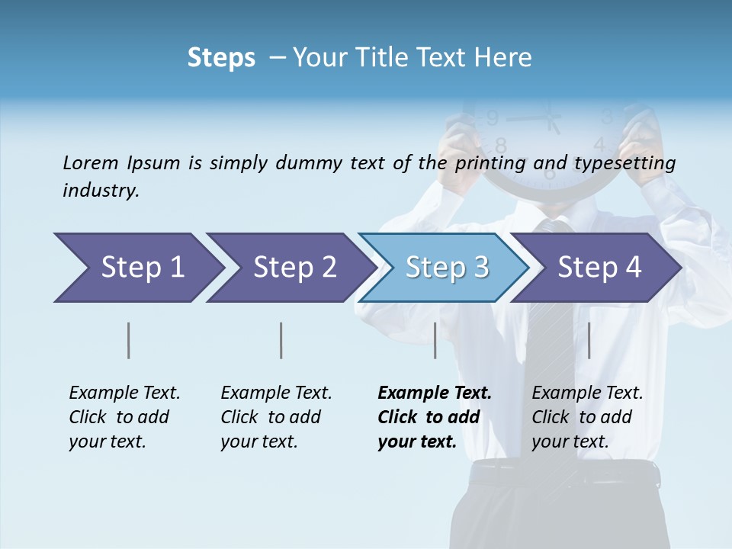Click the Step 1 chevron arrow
[137, 268]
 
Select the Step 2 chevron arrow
[291, 268]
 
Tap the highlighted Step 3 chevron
[444, 268]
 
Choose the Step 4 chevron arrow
[596, 268]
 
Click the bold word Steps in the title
[221, 57]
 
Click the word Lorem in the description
[90, 162]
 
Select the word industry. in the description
[101, 190]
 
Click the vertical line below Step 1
[129, 340]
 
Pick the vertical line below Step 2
[281, 340]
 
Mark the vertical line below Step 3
[435, 340]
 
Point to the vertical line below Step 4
[589, 340]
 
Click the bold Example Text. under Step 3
[435, 393]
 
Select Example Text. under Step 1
[124, 393]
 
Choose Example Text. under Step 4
[587, 393]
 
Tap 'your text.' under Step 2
[258, 441]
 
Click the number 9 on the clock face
[493, 118]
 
